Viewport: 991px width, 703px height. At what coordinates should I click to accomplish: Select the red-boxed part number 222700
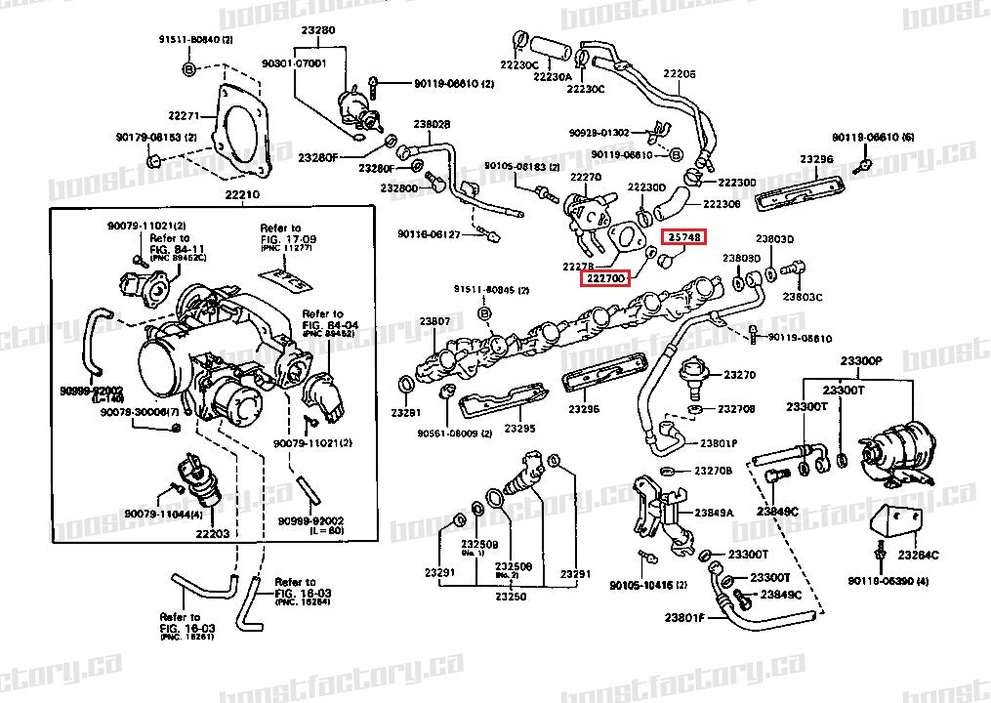[x=605, y=279]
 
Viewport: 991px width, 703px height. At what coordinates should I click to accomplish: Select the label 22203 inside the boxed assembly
[x=212, y=534]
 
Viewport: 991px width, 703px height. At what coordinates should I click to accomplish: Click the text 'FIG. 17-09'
[x=280, y=239]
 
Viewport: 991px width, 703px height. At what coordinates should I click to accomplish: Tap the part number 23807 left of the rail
[x=434, y=321]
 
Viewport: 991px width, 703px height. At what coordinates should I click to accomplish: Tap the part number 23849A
[x=714, y=512]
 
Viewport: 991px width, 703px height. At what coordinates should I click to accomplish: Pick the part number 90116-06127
[x=429, y=234]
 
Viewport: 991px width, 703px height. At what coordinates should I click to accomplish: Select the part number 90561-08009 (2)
[x=453, y=433]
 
